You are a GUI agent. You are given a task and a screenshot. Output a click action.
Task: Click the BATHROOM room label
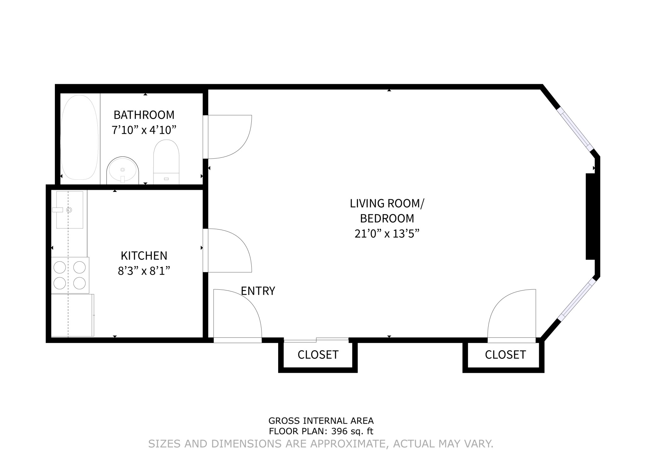tap(144, 115)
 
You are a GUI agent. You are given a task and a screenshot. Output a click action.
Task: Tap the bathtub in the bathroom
tap(79, 138)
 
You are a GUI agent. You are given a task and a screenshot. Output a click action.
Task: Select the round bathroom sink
tap(123, 170)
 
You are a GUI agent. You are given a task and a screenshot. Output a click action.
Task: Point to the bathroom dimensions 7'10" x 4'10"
tap(144, 130)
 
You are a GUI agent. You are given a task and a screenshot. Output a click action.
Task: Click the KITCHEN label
tap(144, 256)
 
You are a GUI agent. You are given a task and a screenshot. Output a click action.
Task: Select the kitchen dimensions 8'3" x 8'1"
tap(144, 271)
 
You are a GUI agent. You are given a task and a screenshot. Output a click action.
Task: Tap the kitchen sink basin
tap(70, 209)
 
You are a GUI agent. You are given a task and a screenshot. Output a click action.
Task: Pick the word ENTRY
tap(258, 291)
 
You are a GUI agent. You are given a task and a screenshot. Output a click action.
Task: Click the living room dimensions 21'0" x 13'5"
tap(387, 234)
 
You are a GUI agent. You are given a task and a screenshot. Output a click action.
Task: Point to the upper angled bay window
tap(576, 130)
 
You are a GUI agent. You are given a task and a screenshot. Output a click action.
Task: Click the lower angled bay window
tap(577, 301)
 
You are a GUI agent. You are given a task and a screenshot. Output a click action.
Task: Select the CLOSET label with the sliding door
tap(318, 355)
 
